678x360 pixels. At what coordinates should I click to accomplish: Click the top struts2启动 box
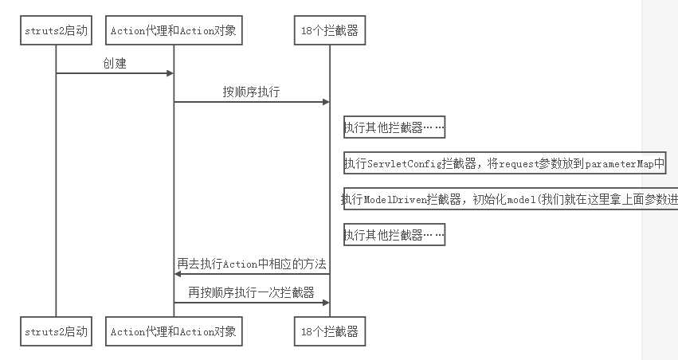click(56, 32)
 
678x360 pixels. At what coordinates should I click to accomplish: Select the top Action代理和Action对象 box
click(174, 32)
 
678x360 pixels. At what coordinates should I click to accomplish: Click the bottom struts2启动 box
click(56, 331)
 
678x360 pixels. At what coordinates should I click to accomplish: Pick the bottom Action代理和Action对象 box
click(174, 331)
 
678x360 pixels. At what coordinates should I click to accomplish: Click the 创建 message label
click(115, 63)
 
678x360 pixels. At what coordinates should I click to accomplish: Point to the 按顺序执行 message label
click(250, 92)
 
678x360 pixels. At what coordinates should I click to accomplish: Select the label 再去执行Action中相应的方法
click(252, 264)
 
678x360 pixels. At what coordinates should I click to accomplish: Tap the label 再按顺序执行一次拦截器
click(251, 292)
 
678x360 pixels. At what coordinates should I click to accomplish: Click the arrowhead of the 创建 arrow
click(170, 73)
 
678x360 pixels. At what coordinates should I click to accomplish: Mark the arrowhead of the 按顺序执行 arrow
click(325, 102)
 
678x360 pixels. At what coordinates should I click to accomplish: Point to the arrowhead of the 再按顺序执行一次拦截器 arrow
click(325, 303)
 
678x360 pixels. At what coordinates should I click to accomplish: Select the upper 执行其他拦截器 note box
click(393, 127)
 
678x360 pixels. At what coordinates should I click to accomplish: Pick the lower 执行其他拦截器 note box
click(393, 235)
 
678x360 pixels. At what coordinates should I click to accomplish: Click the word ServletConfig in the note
click(404, 164)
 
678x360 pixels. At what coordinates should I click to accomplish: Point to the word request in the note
click(500, 164)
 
